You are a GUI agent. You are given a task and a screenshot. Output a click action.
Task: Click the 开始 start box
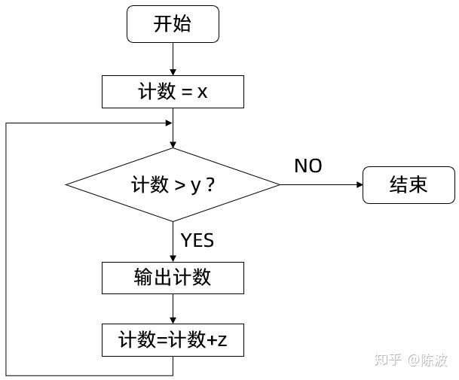[x=173, y=24]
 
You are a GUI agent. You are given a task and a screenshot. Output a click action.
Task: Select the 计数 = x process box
[x=173, y=92]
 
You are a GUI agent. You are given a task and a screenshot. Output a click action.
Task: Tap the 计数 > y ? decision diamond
[x=173, y=185]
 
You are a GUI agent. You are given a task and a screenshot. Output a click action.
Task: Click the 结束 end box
[x=409, y=185]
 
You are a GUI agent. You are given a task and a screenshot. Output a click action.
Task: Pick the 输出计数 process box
[x=173, y=278]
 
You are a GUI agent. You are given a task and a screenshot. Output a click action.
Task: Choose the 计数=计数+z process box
[x=173, y=340]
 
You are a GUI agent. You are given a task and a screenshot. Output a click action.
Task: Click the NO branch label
[x=308, y=166]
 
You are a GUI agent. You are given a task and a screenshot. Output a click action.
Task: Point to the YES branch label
[x=197, y=240]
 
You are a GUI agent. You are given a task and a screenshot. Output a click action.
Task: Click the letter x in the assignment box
[x=202, y=93]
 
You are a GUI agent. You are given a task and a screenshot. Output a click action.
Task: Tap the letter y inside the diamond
[x=195, y=187]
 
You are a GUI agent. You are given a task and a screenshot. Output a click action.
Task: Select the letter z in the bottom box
[x=222, y=341]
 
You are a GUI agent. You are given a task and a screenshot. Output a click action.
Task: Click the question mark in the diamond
[x=210, y=185]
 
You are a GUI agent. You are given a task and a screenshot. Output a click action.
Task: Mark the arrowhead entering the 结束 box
[x=360, y=185]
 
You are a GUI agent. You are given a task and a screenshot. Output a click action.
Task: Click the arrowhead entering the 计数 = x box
[x=173, y=72]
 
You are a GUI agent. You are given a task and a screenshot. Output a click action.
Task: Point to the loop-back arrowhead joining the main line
[x=169, y=123]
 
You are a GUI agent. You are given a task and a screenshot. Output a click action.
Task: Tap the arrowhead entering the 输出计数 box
[x=173, y=259]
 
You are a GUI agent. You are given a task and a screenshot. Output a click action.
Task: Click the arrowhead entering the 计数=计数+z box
[x=173, y=321]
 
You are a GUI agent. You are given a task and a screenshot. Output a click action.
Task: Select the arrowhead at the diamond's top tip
[x=173, y=145]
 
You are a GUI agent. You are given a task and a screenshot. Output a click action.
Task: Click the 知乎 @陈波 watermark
[x=412, y=360]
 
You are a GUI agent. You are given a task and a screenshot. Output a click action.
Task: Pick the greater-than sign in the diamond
[x=179, y=186]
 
